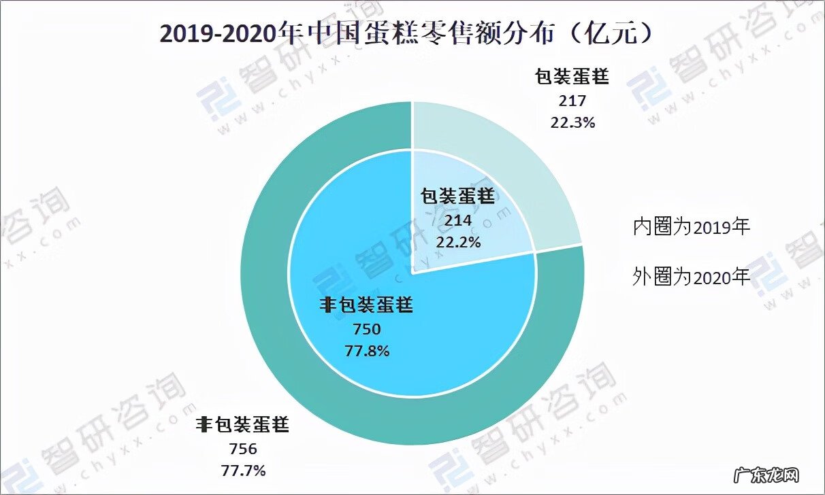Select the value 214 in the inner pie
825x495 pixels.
click(x=457, y=221)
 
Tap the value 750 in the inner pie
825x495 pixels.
click(x=366, y=330)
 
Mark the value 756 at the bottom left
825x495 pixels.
click(x=243, y=449)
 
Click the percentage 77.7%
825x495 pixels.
click(x=243, y=470)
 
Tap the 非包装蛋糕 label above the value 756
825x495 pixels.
click(x=243, y=426)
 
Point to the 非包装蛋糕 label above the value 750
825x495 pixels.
click(x=366, y=306)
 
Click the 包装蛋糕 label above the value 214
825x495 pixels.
click(x=457, y=198)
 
